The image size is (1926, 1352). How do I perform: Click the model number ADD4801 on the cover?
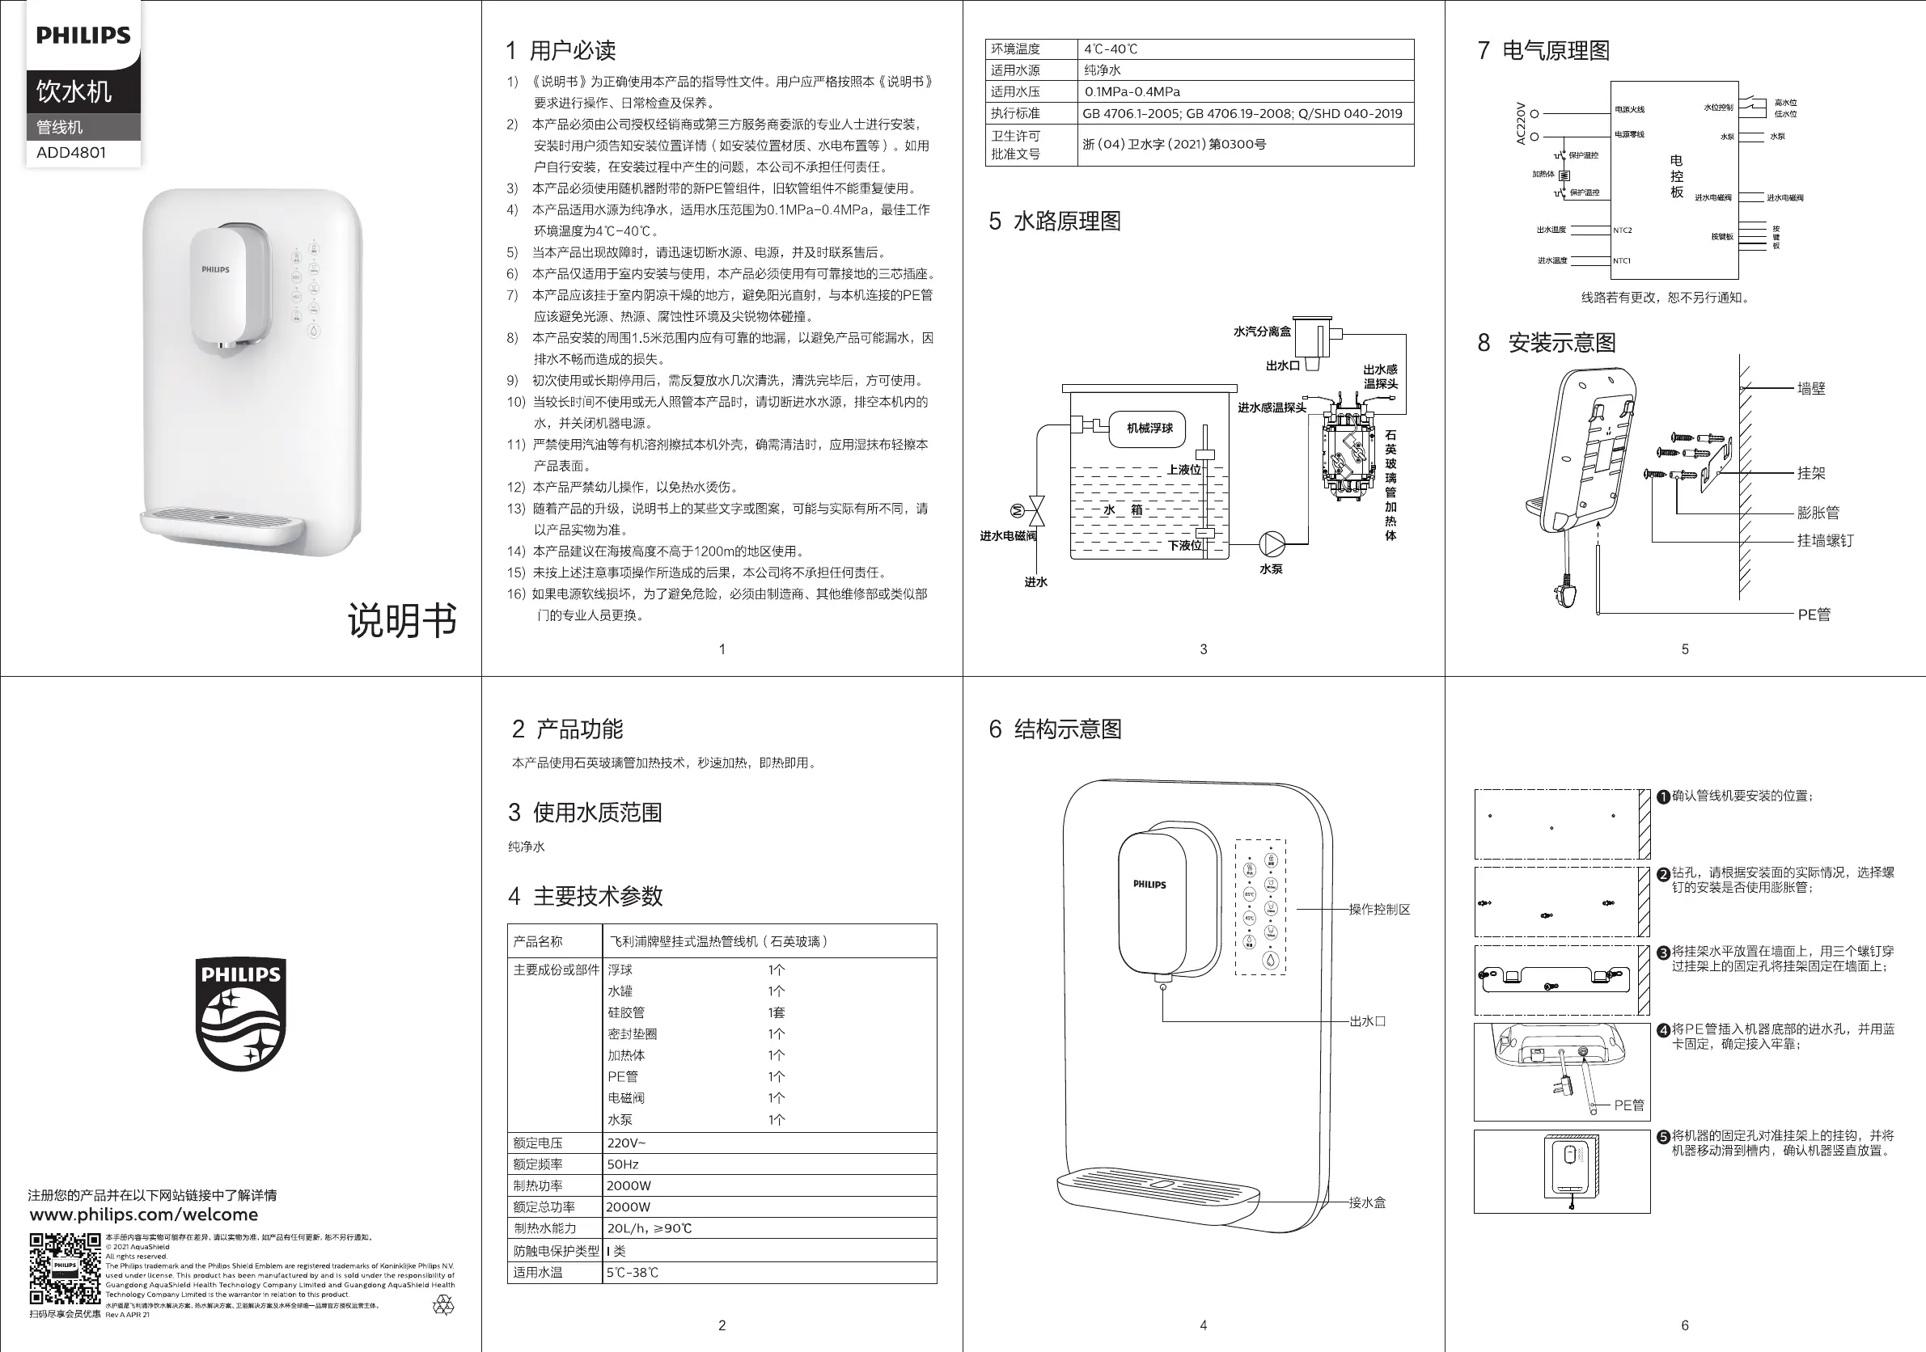(71, 153)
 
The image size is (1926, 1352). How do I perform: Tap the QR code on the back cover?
(65, 1267)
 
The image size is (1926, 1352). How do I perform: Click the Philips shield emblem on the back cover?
(241, 1014)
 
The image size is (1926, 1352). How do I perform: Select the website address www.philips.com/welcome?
(143, 1215)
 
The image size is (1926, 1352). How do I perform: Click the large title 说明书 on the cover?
(402, 621)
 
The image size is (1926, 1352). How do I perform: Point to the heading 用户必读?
(572, 51)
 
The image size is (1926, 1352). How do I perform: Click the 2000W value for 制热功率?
(629, 1186)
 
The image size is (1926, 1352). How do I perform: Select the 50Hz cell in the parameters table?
(624, 1164)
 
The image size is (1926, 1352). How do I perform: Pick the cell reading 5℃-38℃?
(633, 1272)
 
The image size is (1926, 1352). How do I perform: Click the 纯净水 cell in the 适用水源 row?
(1103, 70)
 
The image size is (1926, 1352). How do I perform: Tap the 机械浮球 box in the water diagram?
(1149, 428)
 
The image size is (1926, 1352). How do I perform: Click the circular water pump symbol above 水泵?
(1272, 543)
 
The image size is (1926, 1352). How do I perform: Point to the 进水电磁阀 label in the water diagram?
(1007, 536)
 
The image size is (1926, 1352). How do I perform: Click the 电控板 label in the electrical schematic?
(1676, 176)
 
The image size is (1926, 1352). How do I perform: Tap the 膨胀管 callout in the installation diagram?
(1818, 513)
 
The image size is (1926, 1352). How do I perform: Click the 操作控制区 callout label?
(1379, 909)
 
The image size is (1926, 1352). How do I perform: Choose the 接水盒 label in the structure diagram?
(1367, 1202)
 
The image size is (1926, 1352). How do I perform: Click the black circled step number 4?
(1663, 1030)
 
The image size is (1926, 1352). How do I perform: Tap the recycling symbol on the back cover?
(443, 1305)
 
